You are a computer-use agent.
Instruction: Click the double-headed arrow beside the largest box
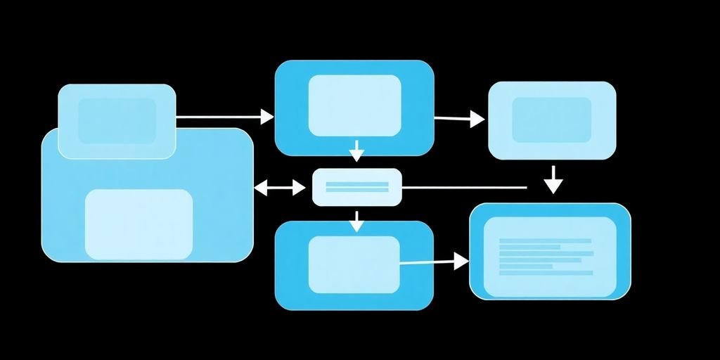click(x=279, y=188)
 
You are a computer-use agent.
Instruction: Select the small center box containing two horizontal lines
click(x=356, y=188)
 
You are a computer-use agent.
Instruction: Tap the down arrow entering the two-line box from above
click(x=356, y=150)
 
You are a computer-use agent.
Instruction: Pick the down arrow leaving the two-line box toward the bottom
click(x=356, y=221)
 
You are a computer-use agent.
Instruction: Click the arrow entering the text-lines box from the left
click(x=433, y=262)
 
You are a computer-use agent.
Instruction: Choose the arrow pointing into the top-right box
click(x=460, y=119)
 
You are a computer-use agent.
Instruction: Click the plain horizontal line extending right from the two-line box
click(x=464, y=188)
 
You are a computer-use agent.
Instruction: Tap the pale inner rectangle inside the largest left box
click(x=139, y=224)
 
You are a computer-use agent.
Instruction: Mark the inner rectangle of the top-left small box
click(x=117, y=121)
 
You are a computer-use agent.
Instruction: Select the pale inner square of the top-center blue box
click(x=354, y=105)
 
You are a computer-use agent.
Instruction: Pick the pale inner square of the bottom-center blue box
click(x=354, y=264)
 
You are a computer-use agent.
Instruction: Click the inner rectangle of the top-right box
click(x=551, y=120)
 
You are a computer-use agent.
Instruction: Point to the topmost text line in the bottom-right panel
click(x=545, y=241)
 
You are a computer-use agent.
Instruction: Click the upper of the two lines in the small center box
click(x=357, y=184)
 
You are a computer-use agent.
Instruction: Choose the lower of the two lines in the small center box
click(x=357, y=191)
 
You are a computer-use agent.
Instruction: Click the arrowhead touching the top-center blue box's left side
click(x=267, y=117)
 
